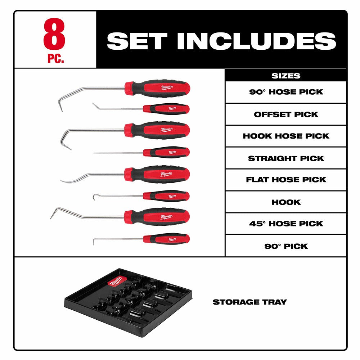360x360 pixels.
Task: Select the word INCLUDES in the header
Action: [x=261, y=41]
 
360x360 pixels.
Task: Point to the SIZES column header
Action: [x=285, y=76]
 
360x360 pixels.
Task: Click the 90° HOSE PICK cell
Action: [x=286, y=92]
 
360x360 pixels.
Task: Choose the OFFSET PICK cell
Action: [x=286, y=114]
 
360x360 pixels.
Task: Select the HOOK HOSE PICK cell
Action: [x=286, y=136]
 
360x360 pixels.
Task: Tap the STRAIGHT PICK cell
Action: [x=286, y=158]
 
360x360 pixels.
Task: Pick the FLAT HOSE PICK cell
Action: [x=286, y=180]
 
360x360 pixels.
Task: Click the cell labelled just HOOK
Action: [x=286, y=202]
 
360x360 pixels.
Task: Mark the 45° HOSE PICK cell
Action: [x=286, y=224]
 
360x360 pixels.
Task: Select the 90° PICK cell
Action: [x=286, y=246]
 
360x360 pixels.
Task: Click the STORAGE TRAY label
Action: [x=249, y=302]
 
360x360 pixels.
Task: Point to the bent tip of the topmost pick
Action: [x=60, y=104]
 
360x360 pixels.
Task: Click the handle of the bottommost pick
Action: [x=166, y=239]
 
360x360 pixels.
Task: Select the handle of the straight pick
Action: [x=166, y=152]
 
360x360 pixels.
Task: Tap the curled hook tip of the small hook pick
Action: [x=95, y=197]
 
